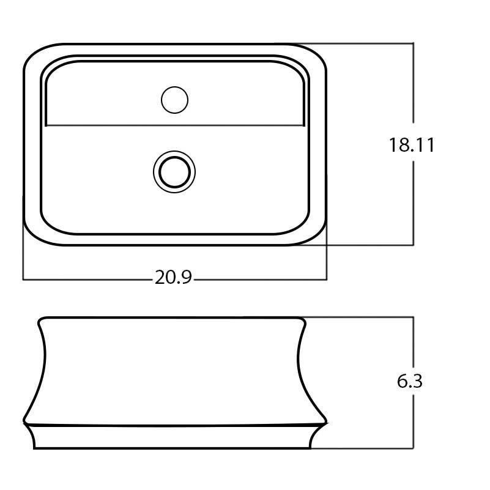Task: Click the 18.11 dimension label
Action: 411,145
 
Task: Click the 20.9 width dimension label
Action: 173,278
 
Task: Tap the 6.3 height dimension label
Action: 409,381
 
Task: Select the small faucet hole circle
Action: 174,100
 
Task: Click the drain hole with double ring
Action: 174,171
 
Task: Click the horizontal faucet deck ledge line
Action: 174,125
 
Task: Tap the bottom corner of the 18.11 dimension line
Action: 414,245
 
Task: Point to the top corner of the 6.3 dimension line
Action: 414,317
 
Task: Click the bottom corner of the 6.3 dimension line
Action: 414,448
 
